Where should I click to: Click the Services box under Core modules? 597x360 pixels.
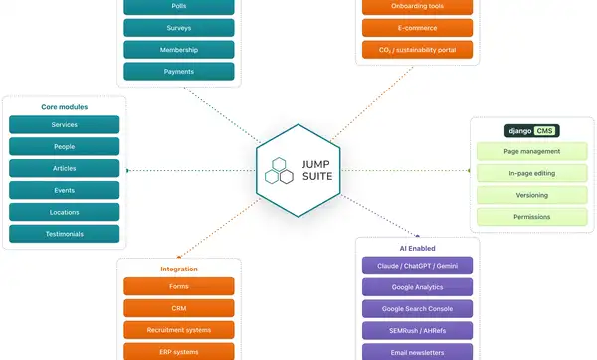pos(65,125)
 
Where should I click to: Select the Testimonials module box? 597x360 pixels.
pos(65,234)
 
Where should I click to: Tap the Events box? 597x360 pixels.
pos(65,190)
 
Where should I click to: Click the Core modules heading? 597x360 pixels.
pos(65,107)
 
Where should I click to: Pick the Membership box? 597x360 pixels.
pos(179,50)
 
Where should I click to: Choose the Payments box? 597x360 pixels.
pos(179,72)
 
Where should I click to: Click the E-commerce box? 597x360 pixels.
pos(417,28)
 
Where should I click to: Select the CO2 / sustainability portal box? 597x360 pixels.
pos(417,50)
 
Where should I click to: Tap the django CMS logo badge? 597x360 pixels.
pos(532,131)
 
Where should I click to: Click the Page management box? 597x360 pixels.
pos(532,151)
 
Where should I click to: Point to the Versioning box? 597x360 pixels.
pos(532,195)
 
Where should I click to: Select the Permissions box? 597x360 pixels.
pos(532,217)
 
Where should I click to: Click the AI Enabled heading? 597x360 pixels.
pos(417,248)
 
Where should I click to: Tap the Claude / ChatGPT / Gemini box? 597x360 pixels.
pos(417,266)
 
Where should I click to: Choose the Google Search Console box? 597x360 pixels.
pos(417,309)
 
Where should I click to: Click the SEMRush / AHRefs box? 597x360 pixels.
pos(417,331)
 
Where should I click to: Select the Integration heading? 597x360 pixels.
pos(179,270)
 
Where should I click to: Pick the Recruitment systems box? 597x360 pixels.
pos(179,330)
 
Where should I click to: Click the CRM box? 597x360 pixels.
pos(179,308)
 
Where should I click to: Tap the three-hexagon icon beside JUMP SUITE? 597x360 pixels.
pos(279,170)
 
